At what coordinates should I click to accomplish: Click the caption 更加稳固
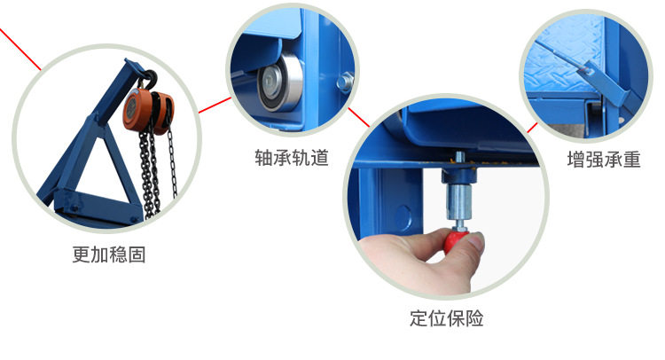click(109, 254)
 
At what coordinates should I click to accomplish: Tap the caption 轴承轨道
click(292, 158)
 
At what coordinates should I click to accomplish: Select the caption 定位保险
click(447, 318)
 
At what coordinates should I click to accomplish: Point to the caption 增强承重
click(604, 160)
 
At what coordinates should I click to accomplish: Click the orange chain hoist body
click(148, 111)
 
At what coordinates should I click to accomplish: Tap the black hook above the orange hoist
click(148, 79)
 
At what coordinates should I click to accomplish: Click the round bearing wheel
click(279, 82)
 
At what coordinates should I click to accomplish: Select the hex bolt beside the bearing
click(345, 82)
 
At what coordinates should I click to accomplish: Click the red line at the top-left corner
click(20, 49)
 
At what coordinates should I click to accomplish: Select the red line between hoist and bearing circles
click(215, 106)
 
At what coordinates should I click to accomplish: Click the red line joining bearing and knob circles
click(359, 117)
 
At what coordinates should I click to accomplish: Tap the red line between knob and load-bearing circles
click(532, 128)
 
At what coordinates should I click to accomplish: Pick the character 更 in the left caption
click(81, 254)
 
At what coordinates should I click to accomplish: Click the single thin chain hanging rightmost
click(172, 161)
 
